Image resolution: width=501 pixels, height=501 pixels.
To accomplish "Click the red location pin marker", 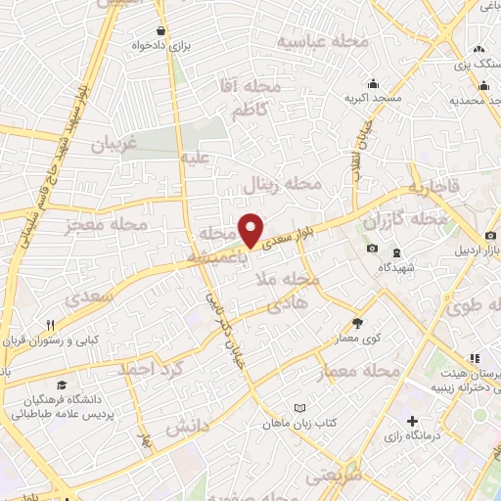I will pyautogui.click(x=251, y=229).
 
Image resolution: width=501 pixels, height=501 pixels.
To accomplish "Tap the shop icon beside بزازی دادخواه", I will pyautogui.click(x=159, y=30).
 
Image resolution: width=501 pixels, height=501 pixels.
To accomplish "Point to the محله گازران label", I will pyautogui.click(x=404, y=222).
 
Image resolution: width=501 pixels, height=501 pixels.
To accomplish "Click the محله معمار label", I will pyautogui.click(x=359, y=373).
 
